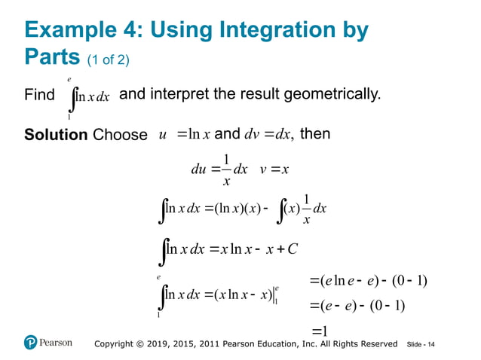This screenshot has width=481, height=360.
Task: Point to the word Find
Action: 39,96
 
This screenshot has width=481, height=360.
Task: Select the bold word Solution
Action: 57,135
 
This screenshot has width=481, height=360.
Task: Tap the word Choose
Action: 120,136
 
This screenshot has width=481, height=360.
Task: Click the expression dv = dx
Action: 269,135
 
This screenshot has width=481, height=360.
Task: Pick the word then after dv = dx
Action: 315,135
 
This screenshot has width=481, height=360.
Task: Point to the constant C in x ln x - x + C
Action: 299,249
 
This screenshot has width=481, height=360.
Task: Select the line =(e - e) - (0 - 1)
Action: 357,306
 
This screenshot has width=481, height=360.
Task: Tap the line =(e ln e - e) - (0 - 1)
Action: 368,281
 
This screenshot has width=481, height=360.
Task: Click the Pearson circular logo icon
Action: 30,343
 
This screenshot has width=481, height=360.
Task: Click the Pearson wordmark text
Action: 57,343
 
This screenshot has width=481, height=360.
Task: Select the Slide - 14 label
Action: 421,344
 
